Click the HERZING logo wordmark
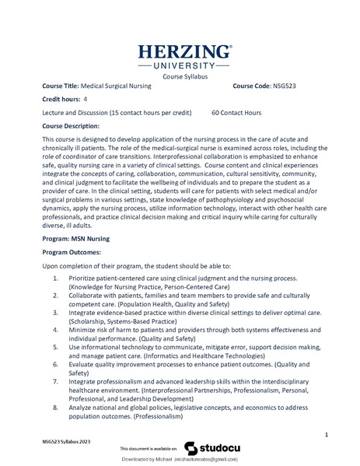click(x=184, y=54)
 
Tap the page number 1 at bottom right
click(x=327, y=434)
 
